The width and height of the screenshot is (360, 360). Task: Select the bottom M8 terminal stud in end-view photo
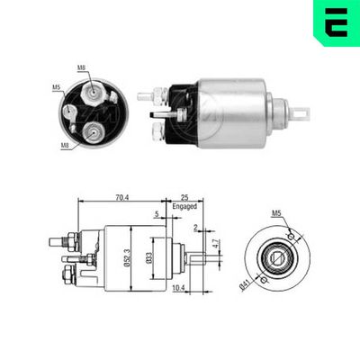click(93, 134)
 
